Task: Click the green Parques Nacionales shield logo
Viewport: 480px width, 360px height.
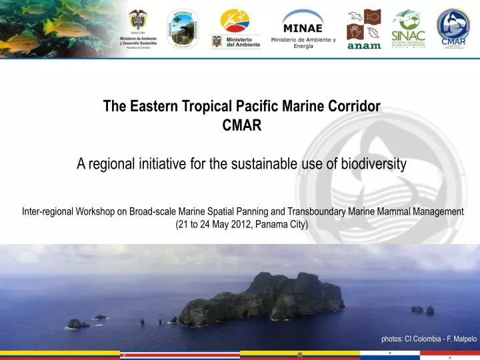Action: point(182,29)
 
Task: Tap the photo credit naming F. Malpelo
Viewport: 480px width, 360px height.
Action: point(429,339)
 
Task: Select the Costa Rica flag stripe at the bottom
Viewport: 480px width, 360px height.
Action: point(179,355)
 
